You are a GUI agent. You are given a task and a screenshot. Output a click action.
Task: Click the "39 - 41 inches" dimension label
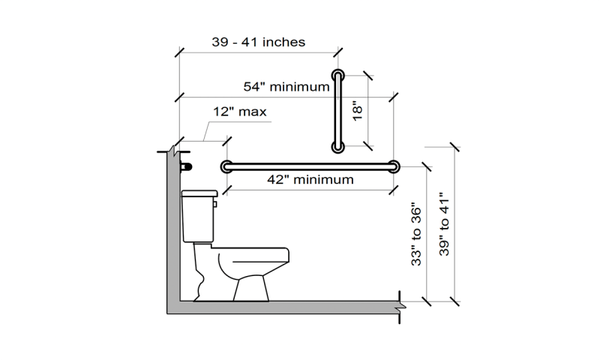(258, 42)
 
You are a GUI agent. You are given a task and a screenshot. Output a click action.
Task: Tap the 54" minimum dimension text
(286, 87)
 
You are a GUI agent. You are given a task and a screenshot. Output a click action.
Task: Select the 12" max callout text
(239, 112)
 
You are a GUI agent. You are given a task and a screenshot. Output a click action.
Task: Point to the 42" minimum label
(310, 179)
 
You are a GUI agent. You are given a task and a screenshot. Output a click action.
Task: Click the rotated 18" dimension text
(357, 111)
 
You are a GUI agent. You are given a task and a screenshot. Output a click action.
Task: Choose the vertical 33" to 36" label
(416, 236)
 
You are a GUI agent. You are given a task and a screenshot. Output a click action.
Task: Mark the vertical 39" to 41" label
(444, 223)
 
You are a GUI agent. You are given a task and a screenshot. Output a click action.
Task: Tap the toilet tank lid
(199, 193)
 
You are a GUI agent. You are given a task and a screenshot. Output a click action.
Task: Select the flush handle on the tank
(215, 204)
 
